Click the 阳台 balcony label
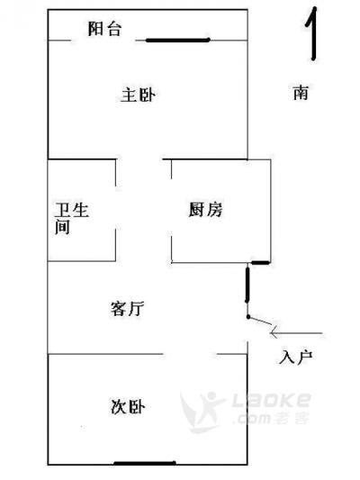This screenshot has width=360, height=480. click(104, 29)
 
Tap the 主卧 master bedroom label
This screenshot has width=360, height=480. click(138, 95)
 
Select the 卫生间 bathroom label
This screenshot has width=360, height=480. click(72, 218)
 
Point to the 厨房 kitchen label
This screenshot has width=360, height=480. click(205, 210)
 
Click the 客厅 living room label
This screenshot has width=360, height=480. click(127, 308)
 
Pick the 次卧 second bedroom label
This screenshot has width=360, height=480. click(127, 407)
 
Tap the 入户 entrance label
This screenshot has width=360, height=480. click(295, 358)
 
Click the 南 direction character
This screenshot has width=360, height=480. click(301, 93)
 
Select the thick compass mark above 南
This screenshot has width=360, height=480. click(312, 33)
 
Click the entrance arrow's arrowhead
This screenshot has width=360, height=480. click(273, 332)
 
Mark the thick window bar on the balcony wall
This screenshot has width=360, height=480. click(177, 41)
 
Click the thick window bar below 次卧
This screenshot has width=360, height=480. click(145, 463)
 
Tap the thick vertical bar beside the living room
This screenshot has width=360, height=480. click(247, 285)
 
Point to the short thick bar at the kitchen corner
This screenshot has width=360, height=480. click(261, 262)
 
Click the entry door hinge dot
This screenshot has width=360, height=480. click(248, 316)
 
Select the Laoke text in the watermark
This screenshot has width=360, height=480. click(272, 400)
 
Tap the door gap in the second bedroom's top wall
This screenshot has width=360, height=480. click(190, 354)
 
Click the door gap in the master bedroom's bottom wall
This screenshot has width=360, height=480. click(139, 159)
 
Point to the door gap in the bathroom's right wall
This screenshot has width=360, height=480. click(115, 207)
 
